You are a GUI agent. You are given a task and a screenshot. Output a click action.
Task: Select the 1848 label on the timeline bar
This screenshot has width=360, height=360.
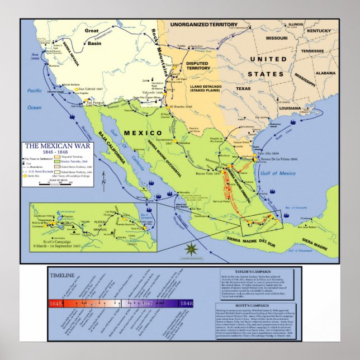184,304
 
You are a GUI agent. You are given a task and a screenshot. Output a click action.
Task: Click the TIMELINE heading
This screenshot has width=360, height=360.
61,276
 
